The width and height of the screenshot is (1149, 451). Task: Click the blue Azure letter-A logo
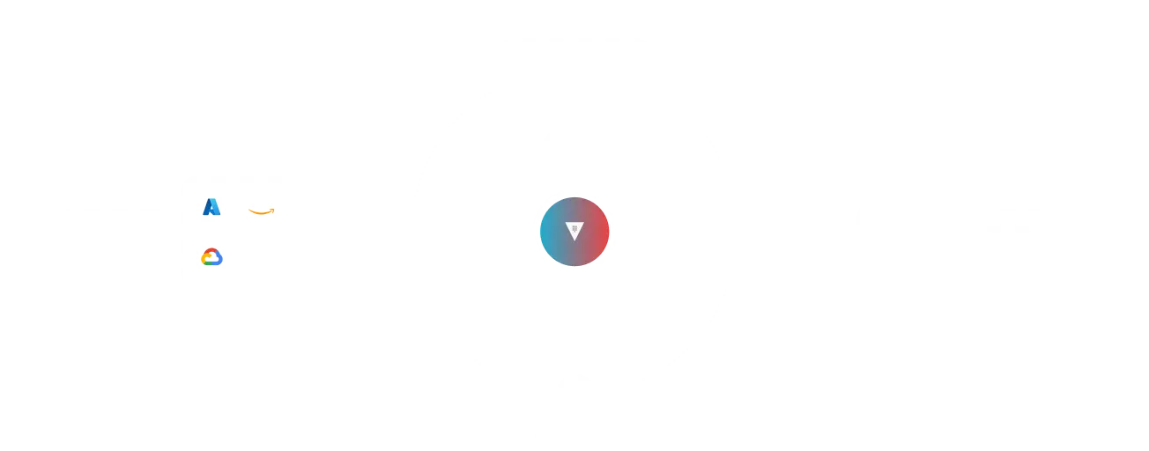(211, 207)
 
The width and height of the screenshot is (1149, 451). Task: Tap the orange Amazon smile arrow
(261, 211)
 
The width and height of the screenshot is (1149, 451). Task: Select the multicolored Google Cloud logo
(211, 257)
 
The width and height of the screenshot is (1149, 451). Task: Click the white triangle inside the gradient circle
(574, 232)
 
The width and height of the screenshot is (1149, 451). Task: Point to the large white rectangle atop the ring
(574, 70)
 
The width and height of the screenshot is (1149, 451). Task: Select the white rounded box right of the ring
(908, 232)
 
